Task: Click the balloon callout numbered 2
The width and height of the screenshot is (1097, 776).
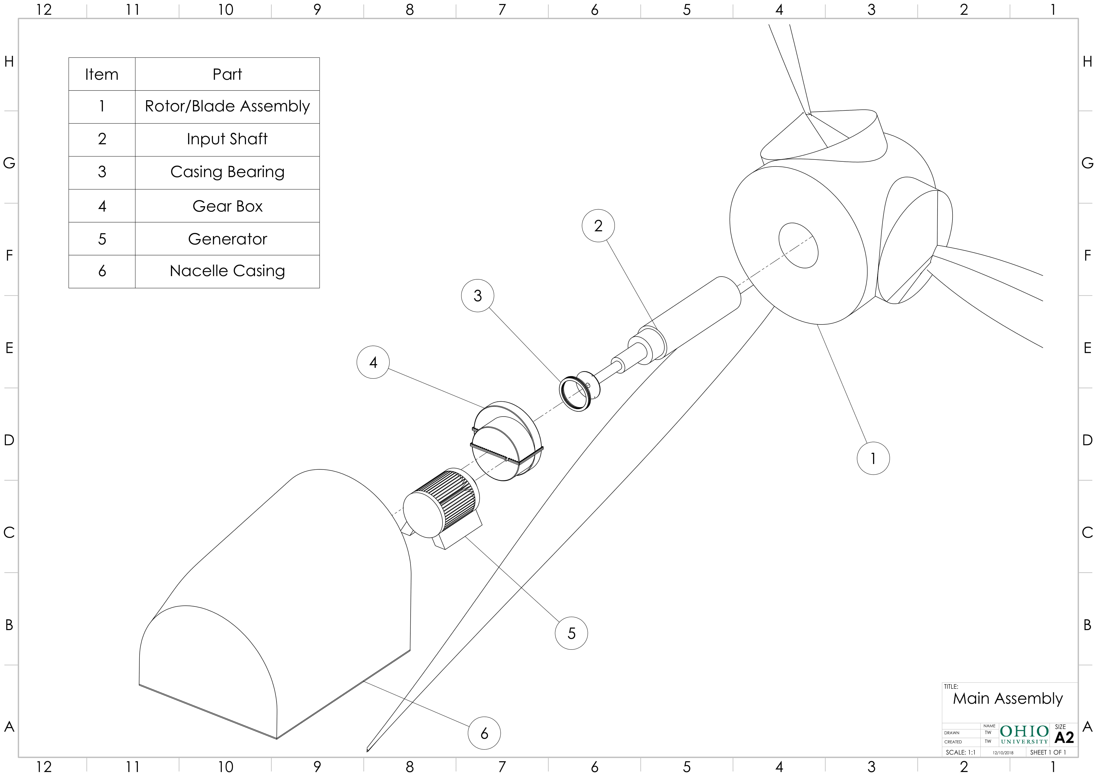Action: tap(598, 225)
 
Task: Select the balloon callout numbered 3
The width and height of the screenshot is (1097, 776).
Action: tap(477, 296)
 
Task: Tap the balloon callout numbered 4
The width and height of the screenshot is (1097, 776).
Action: tap(373, 362)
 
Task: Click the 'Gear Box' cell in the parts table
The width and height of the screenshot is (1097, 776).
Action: tap(227, 206)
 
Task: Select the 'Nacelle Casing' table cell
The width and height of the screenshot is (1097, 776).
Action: tap(227, 271)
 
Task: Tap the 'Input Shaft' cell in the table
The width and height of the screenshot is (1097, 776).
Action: tap(227, 139)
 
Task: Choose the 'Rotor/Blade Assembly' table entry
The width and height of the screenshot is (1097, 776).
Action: tap(227, 106)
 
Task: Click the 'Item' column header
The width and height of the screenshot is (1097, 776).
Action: tap(102, 74)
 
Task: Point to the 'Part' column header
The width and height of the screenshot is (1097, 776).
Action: tap(227, 74)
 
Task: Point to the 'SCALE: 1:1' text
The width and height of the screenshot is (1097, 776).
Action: tap(960, 752)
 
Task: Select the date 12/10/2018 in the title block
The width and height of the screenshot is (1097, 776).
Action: tap(1003, 753)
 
